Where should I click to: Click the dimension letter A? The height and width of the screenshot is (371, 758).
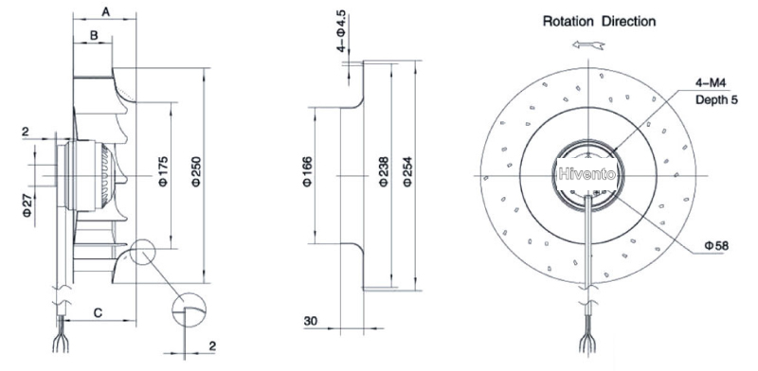click(x=106, y=12)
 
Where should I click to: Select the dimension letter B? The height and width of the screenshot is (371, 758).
click(x=94, y=35)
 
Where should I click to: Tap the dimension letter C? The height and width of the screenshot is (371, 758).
click(x=98, y=313)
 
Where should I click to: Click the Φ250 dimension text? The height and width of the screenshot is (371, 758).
click(x=196, y=171)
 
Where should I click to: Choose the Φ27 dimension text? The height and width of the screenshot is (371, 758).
click(x=27, y=204)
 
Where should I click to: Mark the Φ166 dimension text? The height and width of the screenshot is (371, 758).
click(x=308, y=171)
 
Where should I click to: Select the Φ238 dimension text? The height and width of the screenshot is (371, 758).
click(x=384, y=171)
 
